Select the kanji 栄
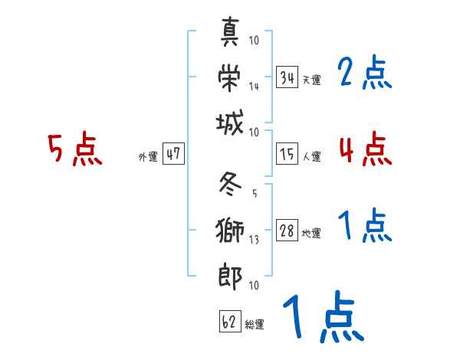point(230,77)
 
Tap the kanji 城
point(230,123)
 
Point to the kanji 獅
point(230,230)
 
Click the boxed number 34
point(287,77)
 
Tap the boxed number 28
point(287,231)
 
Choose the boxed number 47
point(173,155)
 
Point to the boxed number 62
point(229,322)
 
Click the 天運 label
point(311,80)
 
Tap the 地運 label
point(311,234)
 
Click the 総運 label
point(254,325)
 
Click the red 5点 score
point(74,150)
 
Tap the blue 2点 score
point(365,74)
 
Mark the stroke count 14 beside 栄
point(254,86)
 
